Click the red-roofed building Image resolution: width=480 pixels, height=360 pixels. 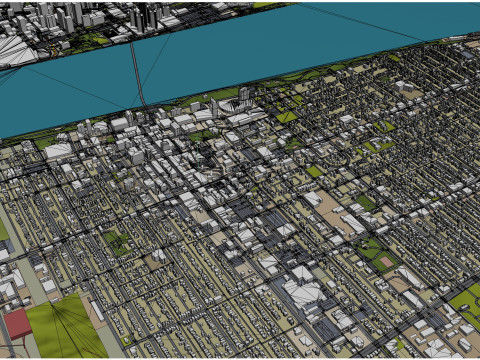16,323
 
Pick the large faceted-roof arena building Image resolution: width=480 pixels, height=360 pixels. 304,291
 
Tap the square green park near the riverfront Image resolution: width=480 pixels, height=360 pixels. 286,116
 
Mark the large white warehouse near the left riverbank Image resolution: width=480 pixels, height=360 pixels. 58,151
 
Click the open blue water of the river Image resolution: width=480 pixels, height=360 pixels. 250,50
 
